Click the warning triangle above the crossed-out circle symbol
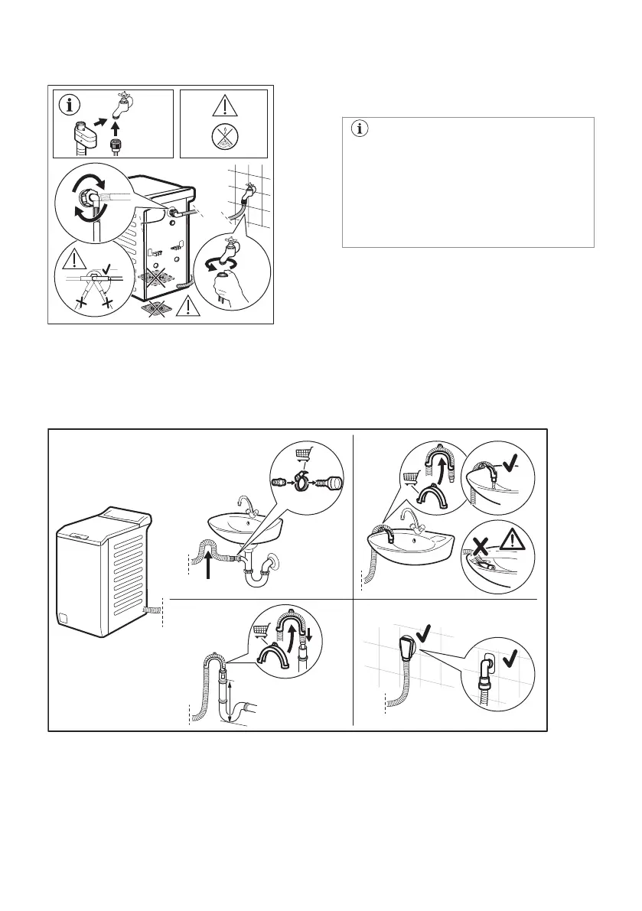tap(223, 107)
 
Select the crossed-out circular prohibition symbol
tap(223, 138)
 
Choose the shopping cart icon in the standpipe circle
tap(262, 631)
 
